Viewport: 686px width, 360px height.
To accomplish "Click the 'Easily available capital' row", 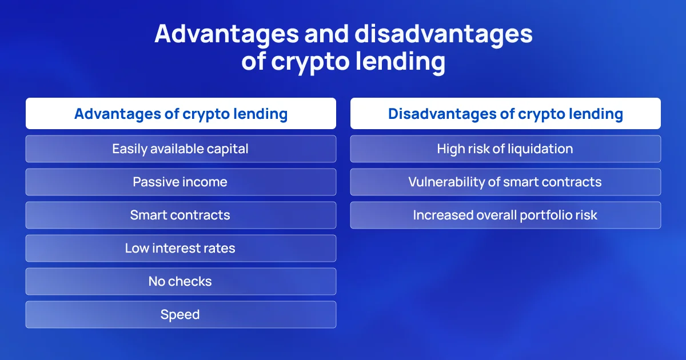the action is tap(181, 149).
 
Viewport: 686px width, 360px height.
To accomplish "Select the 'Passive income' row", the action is tap(181, 182).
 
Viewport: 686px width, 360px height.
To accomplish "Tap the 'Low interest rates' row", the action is tap(181, 248).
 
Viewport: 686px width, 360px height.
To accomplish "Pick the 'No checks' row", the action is tap(181, 281).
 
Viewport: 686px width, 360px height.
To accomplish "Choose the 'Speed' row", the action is tap(181, 314).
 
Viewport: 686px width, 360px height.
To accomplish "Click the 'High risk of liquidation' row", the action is tap(505, 149).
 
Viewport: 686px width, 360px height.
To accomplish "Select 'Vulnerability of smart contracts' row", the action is tap(505, 182).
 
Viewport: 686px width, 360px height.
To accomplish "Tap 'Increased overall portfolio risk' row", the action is tap(505, 215).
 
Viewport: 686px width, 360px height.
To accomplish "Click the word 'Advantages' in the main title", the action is tap(226, 34).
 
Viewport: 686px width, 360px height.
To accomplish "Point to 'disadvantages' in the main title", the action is tap(444, 34).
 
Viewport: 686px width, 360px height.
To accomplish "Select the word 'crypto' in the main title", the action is tap(310, 63).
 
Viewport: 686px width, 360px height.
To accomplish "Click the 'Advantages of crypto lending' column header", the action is tap(181, 113).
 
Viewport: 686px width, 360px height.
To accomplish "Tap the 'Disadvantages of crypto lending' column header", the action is tap(505, 113).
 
